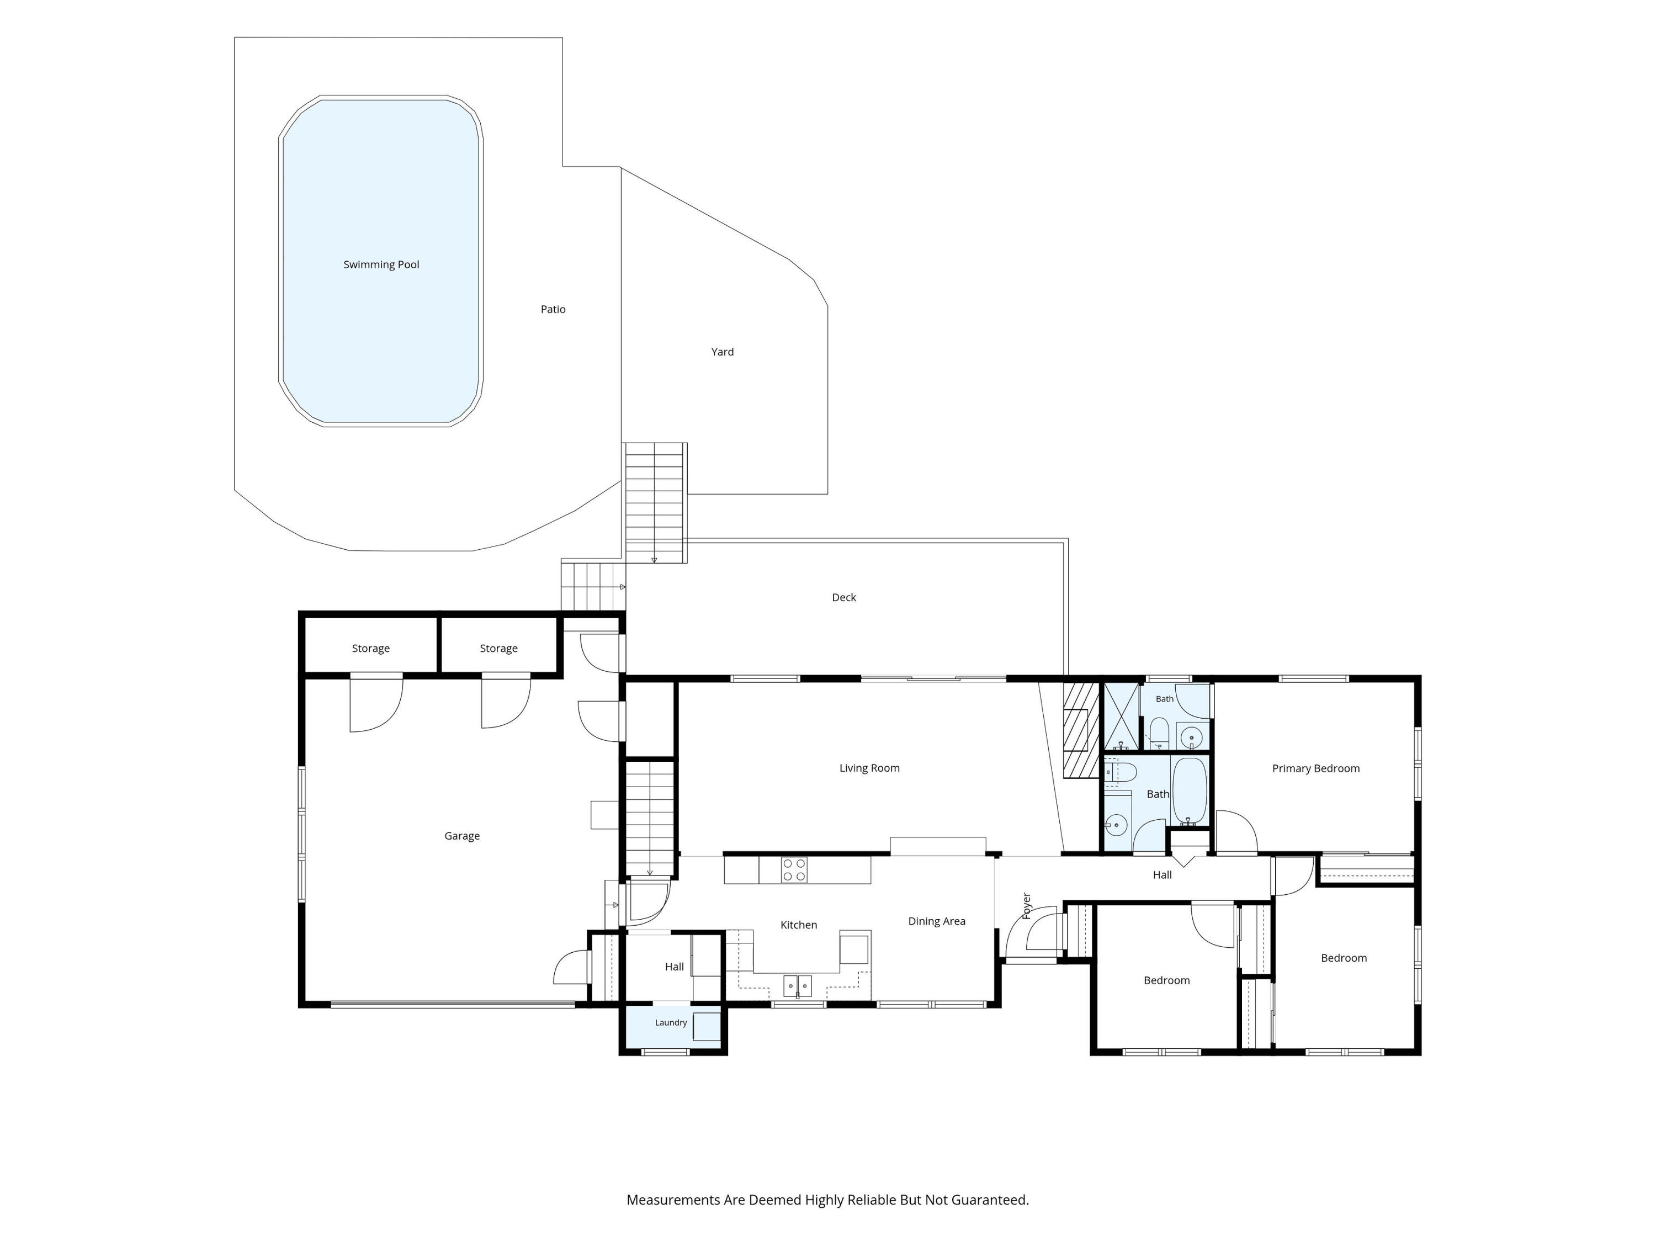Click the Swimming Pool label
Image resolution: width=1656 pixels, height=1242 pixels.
click(x=381, y=264)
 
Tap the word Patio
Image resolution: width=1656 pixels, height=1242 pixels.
click(x=553, y=309)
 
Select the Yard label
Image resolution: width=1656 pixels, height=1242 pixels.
click(x=723, y=352)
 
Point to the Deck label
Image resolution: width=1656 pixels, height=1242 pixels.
click(x=843, y=597)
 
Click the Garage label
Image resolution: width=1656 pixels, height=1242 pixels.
click(x=462, y=836)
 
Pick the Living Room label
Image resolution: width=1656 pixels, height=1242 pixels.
click(x=869, y=768)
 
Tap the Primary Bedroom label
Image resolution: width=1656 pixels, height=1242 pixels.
click(x=1316, y=768)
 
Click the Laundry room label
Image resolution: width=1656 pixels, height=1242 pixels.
click(x=671, y=1023)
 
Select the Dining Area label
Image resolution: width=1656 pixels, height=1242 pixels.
click(x=937, y=922)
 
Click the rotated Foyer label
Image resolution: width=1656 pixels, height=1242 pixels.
click(x=1026, y=906)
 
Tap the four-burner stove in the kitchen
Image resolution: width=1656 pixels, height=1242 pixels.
click(x=794, y=870)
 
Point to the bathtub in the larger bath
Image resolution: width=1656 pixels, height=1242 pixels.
click(x=1190, y=790)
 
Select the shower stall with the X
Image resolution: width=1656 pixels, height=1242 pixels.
click(x=1121, y=717)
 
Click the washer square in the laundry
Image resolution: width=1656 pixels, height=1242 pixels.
click(x=706, y=1026)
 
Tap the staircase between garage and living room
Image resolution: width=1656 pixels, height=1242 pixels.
click(x=650, y=818)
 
